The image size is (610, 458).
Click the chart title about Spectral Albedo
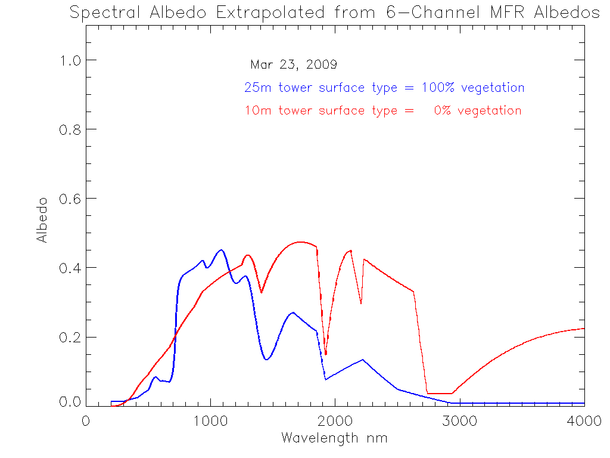tap(335, 13)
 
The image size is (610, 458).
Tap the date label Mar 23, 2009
tap(294, 64)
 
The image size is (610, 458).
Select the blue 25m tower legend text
tap(384, 88)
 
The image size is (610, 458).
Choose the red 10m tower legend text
tap(383, 110)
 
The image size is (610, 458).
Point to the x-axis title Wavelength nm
tap(334, 438)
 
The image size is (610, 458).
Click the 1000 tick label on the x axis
tap(211, 420)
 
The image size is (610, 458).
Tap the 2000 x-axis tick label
tap(335, 420)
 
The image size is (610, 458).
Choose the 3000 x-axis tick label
tap(460, 420)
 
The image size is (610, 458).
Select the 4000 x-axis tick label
tap(584, 420)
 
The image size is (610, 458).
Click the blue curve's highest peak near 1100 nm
tap(222, 250)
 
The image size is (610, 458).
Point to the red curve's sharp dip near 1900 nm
tap(326, 354)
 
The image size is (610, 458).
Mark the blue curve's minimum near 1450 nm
tap(267, 360)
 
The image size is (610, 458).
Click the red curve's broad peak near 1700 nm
tap(300, 242)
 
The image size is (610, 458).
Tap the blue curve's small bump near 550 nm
tap(155, 377)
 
